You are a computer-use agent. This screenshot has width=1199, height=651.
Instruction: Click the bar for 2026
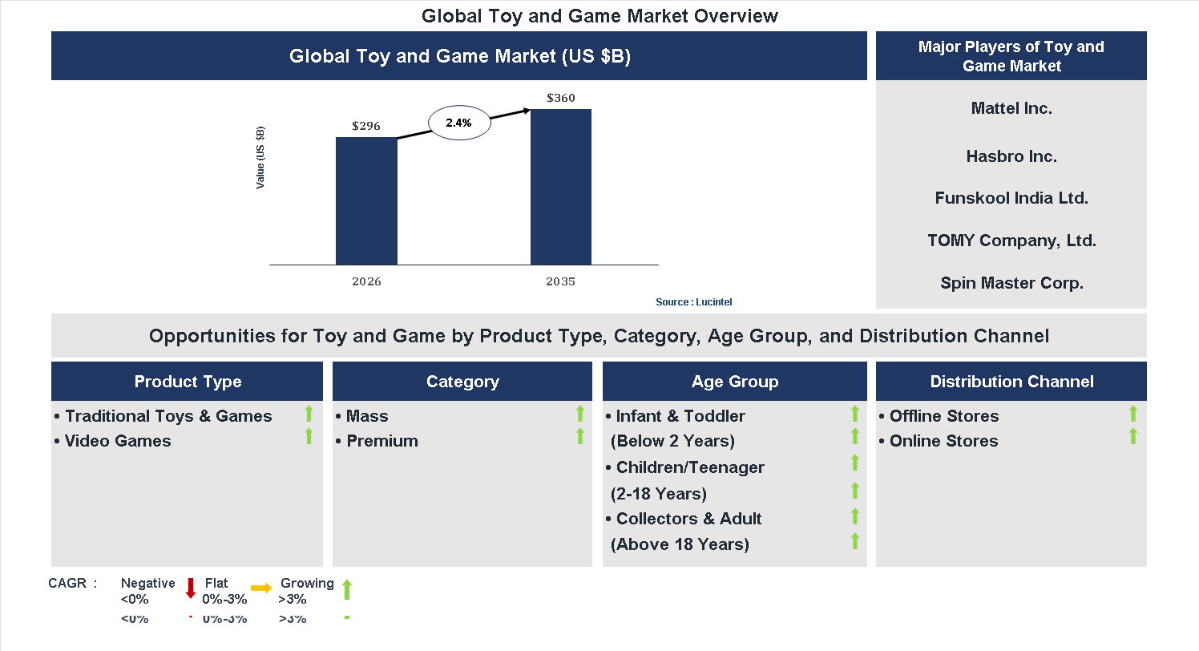coord(366,200)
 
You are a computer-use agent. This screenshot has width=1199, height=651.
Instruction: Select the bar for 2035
coord(561,186)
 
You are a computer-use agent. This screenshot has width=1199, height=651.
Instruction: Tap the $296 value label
coord(366,126)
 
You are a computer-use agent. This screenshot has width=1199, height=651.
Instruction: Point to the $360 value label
coord(561,98)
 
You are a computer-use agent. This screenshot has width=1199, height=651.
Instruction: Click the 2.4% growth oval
coord(459,123)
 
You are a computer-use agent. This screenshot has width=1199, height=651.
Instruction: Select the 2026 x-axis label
coord(366,281)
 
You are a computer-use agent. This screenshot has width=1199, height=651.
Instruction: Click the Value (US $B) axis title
coord(260,158)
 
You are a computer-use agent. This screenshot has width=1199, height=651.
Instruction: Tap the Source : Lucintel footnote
coord(693,302)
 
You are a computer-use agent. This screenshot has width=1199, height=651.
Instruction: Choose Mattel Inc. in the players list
coord(1011,108)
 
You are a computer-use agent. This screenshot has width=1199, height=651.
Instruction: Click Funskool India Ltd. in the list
coord(1011,198)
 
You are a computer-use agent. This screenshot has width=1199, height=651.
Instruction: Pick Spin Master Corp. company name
coord(1011,283)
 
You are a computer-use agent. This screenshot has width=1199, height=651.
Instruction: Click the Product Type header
coord(188,382)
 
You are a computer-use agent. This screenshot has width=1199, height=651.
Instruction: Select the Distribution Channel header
coord(1011,382)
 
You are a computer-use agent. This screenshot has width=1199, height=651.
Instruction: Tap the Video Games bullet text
coord(118,441)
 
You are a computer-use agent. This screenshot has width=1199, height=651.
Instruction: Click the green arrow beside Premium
coord(580,437)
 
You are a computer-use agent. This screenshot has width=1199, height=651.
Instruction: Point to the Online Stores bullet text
coord(943,441)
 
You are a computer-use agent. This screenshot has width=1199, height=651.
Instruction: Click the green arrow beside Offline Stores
coord(1133,414)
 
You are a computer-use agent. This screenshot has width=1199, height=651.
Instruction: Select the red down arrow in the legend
coord(191,588)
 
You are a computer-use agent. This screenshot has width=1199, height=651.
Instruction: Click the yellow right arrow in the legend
coord(261,588)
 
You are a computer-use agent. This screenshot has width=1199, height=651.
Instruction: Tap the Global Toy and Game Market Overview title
coord(599,15)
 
